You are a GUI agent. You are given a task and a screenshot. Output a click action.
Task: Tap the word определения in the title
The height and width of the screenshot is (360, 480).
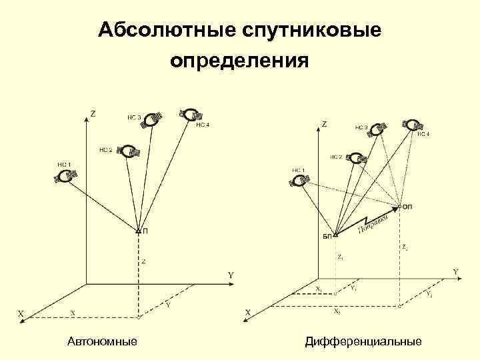click(239, 62)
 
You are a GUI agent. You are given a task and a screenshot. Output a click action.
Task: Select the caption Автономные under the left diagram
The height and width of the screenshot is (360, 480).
click(103, 341)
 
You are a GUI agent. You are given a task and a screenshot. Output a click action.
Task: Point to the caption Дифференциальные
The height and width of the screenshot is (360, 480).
click(363, 341)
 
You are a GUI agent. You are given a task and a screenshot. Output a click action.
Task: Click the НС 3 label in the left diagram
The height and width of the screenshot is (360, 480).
click(134, 117)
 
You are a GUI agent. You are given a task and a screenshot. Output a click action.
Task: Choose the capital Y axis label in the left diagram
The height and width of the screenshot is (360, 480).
click(231, 275)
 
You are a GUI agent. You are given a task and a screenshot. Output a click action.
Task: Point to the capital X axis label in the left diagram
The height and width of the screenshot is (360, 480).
click(21, 312)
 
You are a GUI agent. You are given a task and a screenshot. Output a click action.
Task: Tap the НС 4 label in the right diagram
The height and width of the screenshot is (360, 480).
click(423, 134)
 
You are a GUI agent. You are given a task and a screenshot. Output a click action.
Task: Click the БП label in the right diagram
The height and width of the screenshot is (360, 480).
click(327, 236)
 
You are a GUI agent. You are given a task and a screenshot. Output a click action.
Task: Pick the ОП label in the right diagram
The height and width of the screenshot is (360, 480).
click(408, 207)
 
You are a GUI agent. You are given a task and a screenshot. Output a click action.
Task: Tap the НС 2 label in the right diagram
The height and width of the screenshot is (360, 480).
click(336, 157)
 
